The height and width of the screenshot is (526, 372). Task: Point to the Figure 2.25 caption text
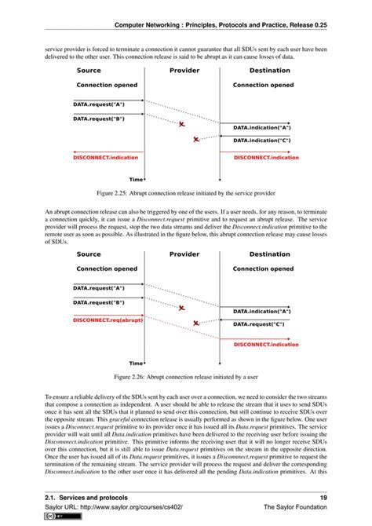185,191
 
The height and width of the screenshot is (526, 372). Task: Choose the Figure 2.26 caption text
185,375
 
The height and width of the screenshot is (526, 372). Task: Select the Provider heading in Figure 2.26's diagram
184,254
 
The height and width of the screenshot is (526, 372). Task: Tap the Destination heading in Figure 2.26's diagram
269,254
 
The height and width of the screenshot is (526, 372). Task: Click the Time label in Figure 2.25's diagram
136,179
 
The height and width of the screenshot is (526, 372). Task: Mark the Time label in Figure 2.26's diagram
136,363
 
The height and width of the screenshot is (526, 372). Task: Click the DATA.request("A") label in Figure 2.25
99,104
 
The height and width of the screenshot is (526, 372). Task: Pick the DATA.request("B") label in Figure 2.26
99,301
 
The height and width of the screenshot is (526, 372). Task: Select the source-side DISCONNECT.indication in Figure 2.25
104,157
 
